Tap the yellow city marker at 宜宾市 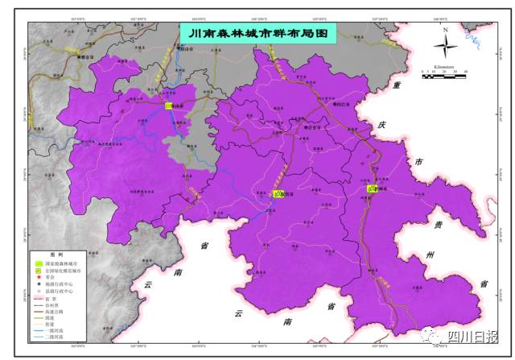278,193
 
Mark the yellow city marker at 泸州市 372,188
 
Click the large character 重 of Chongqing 395,86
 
